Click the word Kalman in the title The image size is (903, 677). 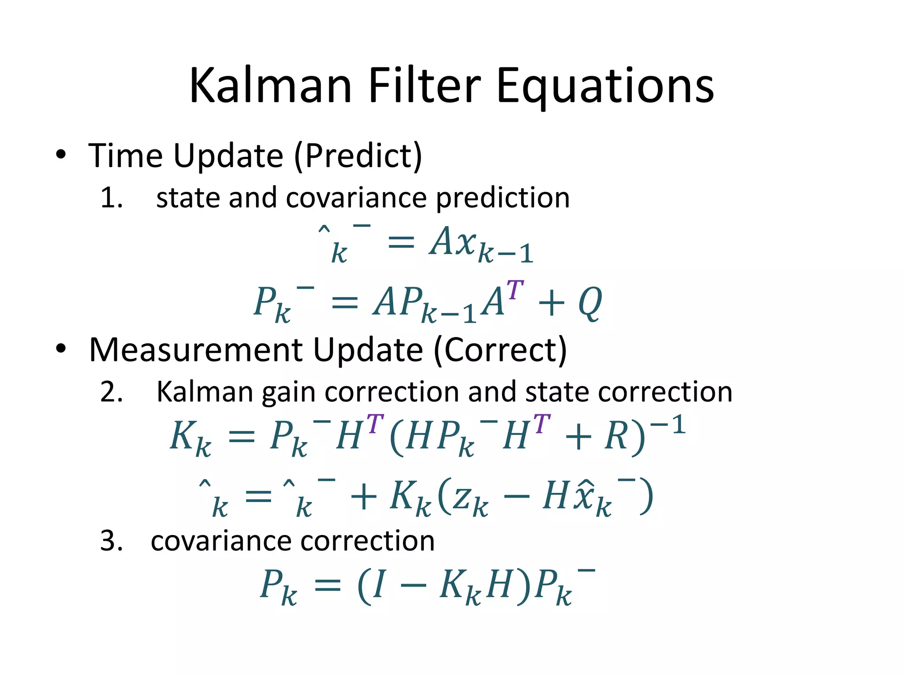[270, 86]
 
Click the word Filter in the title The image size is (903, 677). [424, 86]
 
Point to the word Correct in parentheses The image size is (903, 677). [500, 350]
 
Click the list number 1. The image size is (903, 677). [111, 197]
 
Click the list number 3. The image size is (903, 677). [111, 541]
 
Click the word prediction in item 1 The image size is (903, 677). [503, 197]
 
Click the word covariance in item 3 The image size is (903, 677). [221, 541]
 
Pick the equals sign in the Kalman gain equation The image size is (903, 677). [241, 437]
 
